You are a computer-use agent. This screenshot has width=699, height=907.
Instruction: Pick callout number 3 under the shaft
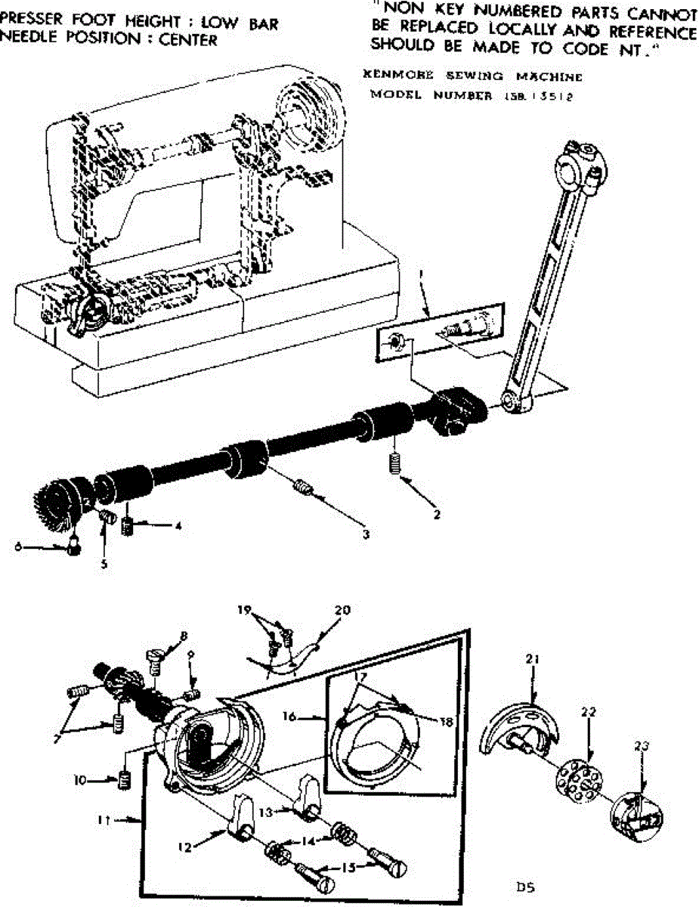pyautogui.click(x=365, y=534)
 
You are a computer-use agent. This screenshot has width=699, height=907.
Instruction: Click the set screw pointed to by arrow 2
pyautogui.click(x=393, y=461)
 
